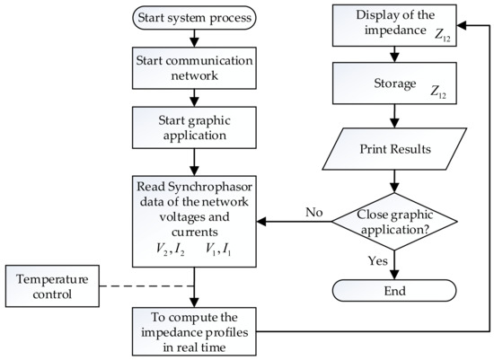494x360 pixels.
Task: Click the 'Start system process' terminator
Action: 194,17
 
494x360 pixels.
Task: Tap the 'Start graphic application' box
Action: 194,126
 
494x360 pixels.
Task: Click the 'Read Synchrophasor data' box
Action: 194,215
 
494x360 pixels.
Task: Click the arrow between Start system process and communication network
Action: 194,39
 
